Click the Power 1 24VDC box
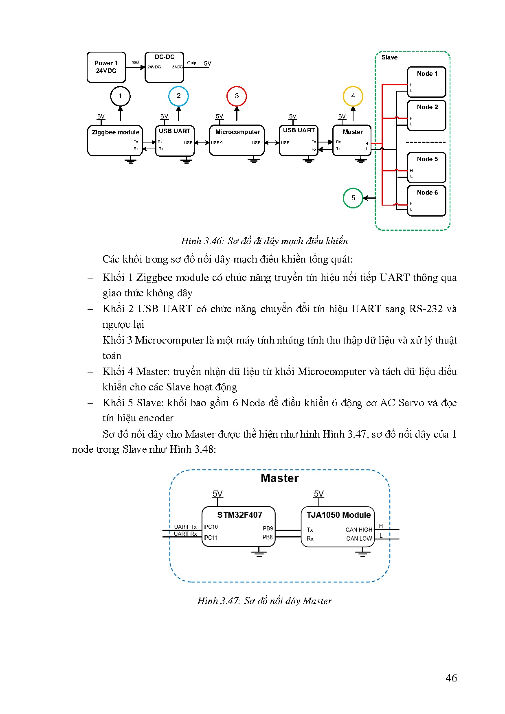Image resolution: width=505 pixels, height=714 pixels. click(106, 67)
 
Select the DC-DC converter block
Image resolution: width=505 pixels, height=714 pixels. click(165, 67)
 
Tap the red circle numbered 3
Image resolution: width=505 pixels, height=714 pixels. click(237, 96)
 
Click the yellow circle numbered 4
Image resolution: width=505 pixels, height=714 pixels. click(353, 96)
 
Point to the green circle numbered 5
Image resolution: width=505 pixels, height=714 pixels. click(353, 198)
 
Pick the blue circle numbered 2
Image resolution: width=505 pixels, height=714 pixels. click(178, 96)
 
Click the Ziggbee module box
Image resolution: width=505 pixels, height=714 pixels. click(115, 140)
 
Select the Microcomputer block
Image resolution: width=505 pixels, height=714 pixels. click(237, 140)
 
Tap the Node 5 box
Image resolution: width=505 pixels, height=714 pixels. click(427, 167)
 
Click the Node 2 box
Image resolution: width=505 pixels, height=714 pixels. click(427, 115)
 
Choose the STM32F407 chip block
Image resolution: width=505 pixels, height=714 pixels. click(239, 526)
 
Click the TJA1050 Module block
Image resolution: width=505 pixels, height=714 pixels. click(338, 526)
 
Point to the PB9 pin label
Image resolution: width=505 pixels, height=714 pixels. click(268, 528)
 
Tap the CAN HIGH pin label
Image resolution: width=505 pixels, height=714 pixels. click(359, 530)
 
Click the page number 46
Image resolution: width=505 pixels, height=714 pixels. click(451, 678)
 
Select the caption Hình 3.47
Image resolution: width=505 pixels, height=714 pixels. click(264, 601)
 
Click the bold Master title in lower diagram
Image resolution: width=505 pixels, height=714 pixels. click(280, 478)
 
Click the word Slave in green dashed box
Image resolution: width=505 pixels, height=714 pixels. click(389, 57)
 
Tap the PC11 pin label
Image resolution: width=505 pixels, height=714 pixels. click(211, 538)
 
